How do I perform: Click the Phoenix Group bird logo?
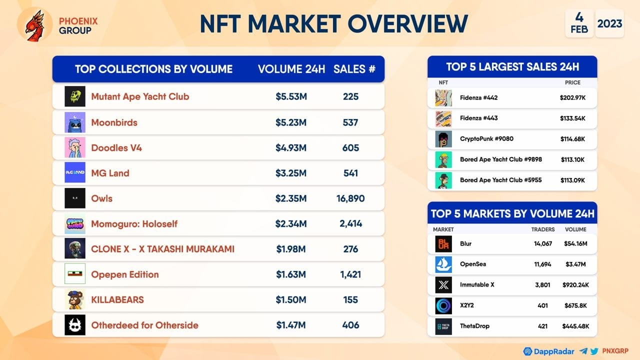(x=35, y=25)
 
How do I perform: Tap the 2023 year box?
(x=609, y=23)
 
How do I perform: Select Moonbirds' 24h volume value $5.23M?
(x=291, y=122)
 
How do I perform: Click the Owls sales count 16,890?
(x=350, y=198)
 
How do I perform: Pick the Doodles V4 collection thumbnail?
(x=75, y=147)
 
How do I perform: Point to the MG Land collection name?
(x=110, y=173)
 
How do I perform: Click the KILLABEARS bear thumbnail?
(x=75, y=299)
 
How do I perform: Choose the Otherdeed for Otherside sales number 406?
(x=350, y=325)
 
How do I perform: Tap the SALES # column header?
(x=354, y=69)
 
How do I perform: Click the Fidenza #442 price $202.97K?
(x=572, y=97)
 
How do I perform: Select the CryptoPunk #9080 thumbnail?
(x=443, y=139)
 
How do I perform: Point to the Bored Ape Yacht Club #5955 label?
(x=500, y=180)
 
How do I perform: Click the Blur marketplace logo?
(x=443, y=243)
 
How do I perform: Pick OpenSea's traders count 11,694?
(x=542, y=264)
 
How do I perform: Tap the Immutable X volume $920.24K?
(x=575, y=285)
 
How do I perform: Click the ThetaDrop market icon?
(x=443, y=326)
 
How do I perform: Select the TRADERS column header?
(x=543, y=229)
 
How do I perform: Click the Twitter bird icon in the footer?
(x=594, y=351)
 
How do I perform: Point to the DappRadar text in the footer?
(x=553, y=351)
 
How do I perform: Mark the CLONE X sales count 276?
(x=350, y=249)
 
